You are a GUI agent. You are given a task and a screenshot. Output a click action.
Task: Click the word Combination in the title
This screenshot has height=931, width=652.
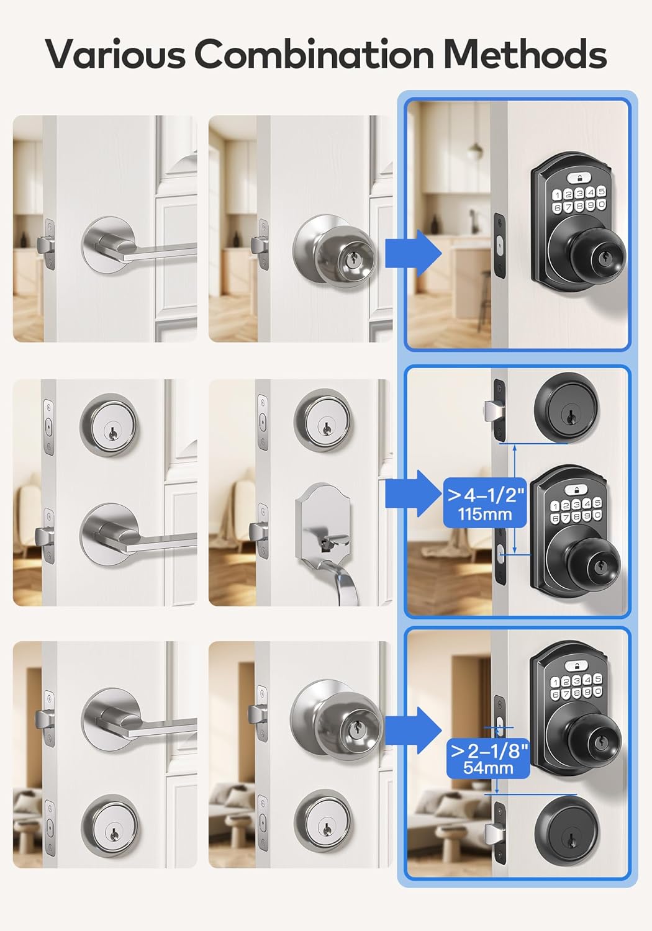tap(314, 54)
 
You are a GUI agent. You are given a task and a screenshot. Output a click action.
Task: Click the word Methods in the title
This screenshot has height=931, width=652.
tap(525, 54)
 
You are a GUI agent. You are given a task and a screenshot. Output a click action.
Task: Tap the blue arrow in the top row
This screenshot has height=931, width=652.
tap(412, 253)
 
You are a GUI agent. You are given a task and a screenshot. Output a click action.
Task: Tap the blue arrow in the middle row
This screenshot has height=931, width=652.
tap(412, 494)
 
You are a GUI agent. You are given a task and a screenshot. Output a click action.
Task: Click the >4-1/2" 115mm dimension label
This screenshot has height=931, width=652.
tap(486, 503)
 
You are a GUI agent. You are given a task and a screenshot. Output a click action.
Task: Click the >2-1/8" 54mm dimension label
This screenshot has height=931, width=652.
tap(489, 758)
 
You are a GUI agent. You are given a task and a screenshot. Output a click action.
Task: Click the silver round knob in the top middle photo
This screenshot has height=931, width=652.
tap(336, 253)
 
